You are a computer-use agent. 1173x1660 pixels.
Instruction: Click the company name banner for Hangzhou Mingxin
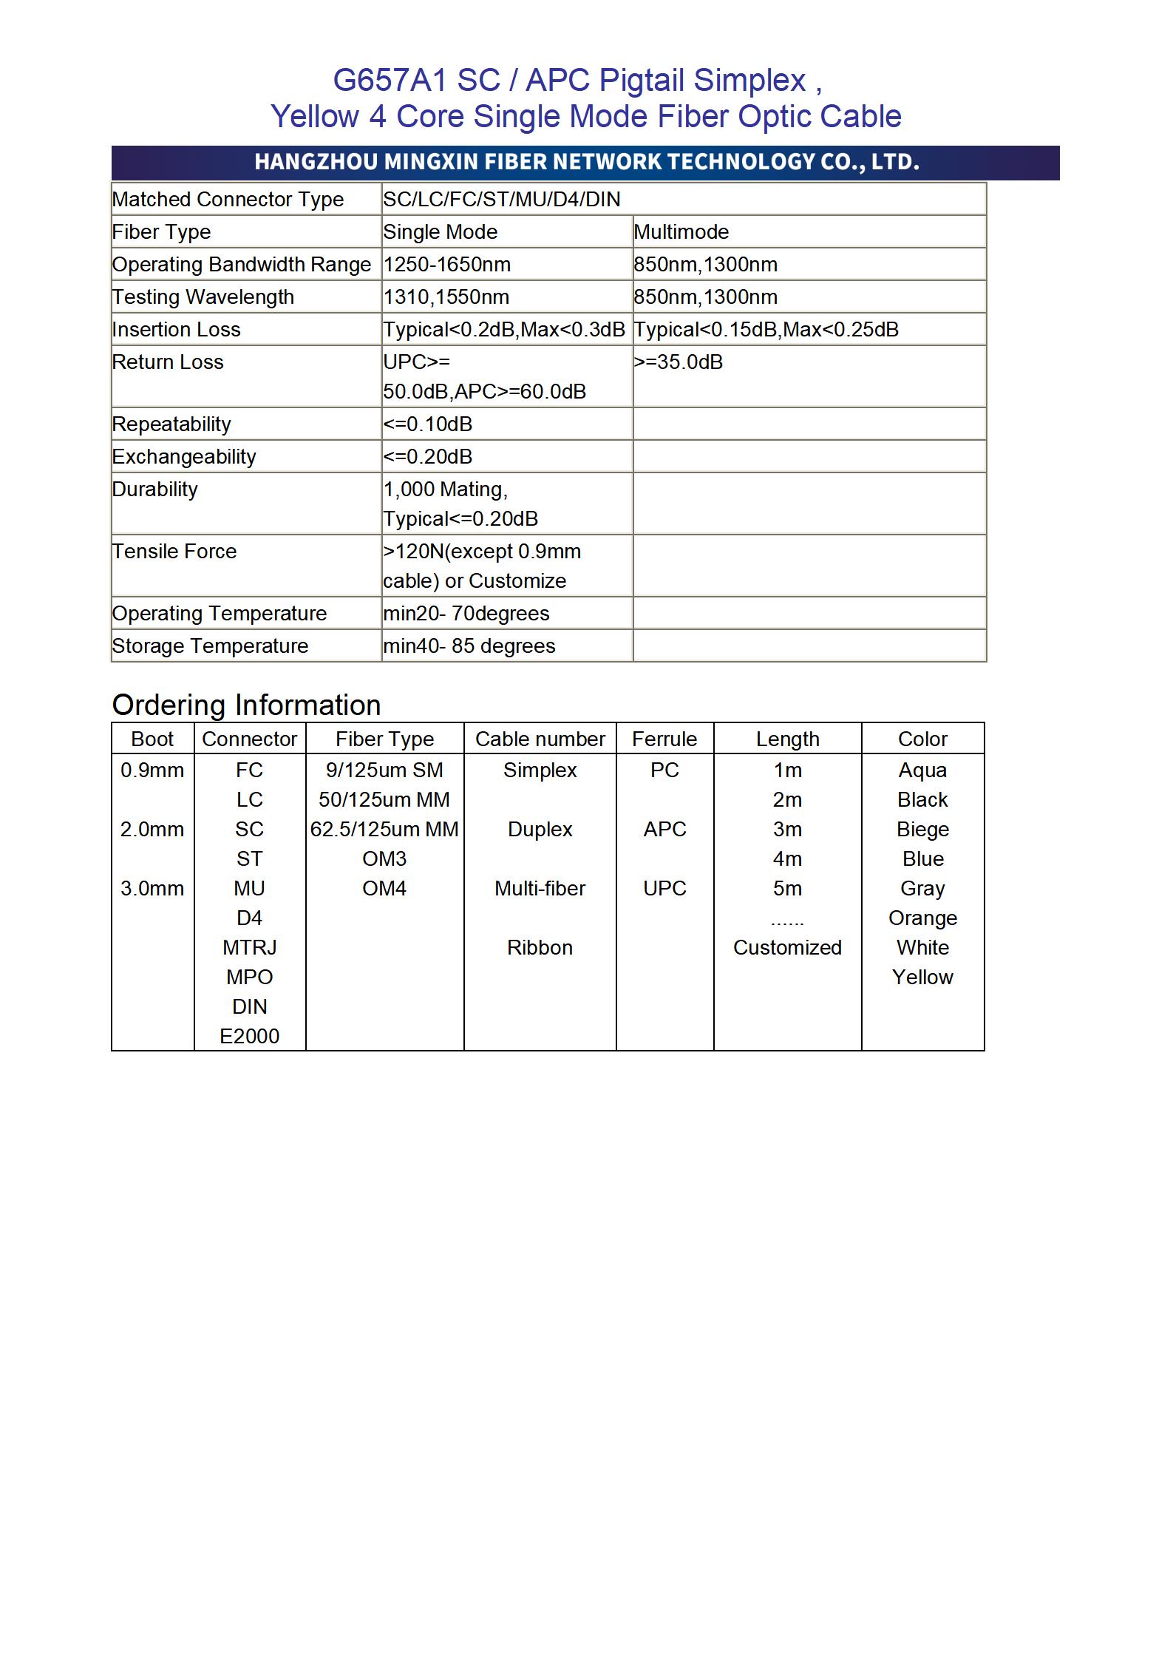(x=586, y=162)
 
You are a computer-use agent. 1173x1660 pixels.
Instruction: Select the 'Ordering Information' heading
(x=246, y=705)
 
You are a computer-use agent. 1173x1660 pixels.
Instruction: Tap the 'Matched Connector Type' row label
(x=228, y=200)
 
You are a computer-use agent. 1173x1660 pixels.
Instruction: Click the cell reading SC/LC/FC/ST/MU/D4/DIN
(x=501, y=200)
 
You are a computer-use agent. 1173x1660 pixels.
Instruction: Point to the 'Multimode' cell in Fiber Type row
(x=681, y=232)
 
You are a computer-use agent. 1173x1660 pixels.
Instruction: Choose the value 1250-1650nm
(x=446, y=265)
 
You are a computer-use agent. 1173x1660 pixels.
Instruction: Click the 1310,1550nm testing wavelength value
(x=446, y=297)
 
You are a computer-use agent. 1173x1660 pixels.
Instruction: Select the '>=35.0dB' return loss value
(x=678, y=362)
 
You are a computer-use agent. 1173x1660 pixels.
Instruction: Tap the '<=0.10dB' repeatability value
(x=427, y=424)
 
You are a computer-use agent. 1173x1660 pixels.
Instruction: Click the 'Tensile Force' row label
(x=174, y=552)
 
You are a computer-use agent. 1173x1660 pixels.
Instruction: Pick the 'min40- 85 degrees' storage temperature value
(x=469, y=646)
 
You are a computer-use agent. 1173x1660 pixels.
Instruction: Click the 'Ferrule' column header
(x=664, y=739)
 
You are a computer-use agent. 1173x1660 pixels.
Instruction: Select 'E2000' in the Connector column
(x=250, y=1036)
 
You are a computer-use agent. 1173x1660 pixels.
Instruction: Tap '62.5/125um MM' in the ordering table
(x=384, y=829)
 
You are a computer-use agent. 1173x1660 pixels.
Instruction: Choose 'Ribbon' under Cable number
(x=540, y=947)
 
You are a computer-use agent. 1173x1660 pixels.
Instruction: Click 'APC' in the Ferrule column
(x=664, y=829)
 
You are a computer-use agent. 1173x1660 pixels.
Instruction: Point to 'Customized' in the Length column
(x=787, y=947)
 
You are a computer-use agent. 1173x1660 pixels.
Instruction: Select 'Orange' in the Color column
(x=922, y=918)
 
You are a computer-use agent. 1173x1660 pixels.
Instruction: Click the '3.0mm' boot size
(x=152, y=888)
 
